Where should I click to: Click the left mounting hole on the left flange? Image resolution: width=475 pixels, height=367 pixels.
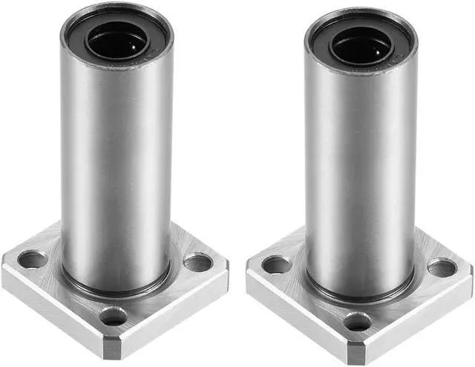click(x=32, y=259)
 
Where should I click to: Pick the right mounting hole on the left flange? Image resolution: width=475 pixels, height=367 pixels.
click(x=197, y=262)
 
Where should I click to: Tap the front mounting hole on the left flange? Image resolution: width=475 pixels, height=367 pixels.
click(x=113, y=317)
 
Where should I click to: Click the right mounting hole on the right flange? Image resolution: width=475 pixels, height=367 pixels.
click(x=442, y=267)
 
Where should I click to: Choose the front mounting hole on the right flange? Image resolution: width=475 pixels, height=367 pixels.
click(x=358, y=322)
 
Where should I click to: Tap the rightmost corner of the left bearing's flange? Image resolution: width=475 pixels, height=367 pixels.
click(x=226, y=267)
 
